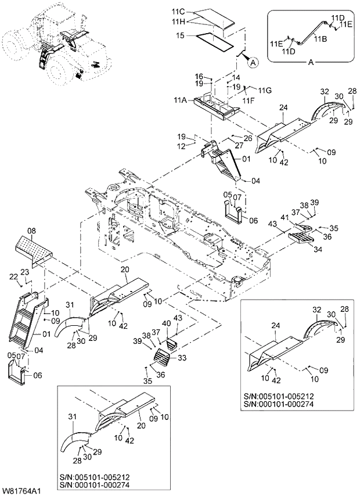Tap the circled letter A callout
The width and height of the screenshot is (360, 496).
click(253, 64)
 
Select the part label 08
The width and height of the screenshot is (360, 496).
click(31, 231)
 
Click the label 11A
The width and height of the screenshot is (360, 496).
click(179, 100)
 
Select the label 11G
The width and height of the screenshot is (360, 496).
click(265, 91)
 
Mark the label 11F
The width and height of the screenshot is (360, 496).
click(249, 100)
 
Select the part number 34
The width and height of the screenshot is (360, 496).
click(318, 249)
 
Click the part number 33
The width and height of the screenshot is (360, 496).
click(182, 358)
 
